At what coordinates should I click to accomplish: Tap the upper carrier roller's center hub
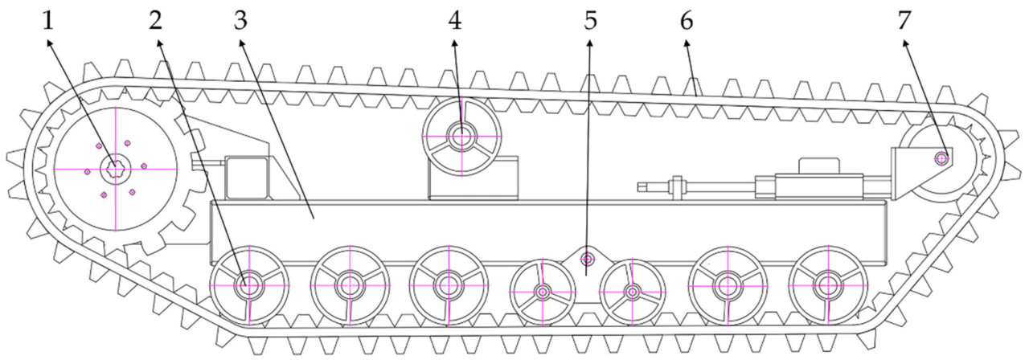coord(461,136)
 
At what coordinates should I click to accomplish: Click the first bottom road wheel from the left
coord(248,284)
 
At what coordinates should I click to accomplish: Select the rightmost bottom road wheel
coord(827,284)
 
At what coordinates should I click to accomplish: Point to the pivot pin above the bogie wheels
coord(588,258)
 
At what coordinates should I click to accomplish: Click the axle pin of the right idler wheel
coord(941,158)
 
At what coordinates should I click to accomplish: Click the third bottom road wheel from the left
coord(448,284)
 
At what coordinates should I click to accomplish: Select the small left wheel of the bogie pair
coord(543,290)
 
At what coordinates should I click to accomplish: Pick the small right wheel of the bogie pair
coord(633,290)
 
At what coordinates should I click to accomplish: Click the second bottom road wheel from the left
coord(350,284)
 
